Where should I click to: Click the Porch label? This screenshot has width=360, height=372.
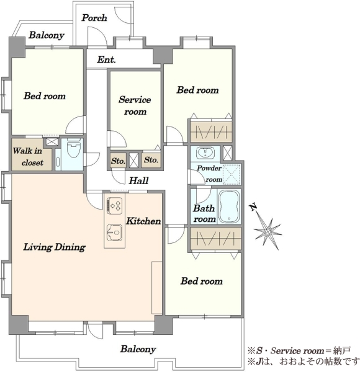(x=94, y=18)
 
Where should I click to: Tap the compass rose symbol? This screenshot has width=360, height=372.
(x=268, y=231)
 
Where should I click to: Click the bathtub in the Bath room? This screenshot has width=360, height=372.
(x=228, y=206)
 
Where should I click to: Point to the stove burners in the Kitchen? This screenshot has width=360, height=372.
(x=115, y=205)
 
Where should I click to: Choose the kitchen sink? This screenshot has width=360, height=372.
(x=115, y=232)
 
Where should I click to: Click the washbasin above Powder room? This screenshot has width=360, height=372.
(x=205, y=153)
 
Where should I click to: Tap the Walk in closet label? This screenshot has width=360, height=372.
(x=28, y=157)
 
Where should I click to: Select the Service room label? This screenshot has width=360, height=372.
(x=135, y=105)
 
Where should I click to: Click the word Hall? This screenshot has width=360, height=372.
(x=138, y=181)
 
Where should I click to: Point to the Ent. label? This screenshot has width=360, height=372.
(x=106, y=60)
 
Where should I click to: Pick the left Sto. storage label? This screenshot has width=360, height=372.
(x=118, y=161)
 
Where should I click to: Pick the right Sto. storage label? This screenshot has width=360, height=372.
(x=151, y=160)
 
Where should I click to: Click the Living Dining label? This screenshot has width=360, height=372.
(x=55, y=247)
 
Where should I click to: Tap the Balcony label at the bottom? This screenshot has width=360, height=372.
(x=138, y=349)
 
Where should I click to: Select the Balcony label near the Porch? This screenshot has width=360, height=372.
(x=47, y=35)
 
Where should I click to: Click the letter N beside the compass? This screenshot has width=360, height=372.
(x=253, y=207)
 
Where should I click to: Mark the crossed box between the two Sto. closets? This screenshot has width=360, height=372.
(x=133, y=161)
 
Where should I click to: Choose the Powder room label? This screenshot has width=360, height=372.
(x=209, y=174)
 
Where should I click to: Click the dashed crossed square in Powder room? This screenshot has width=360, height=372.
(x=232, y=174)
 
